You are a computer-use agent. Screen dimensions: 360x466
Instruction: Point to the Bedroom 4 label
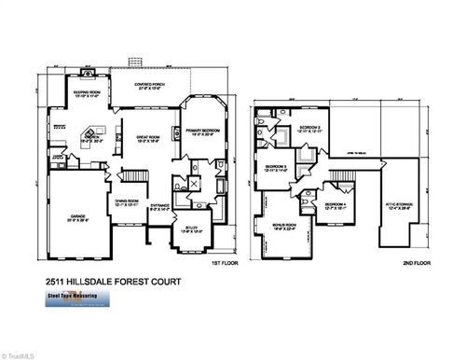(336, 206)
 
